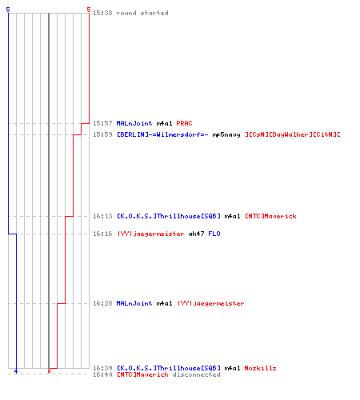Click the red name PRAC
coord(184,123)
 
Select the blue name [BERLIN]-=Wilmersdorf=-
coord(162,134)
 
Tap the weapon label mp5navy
coord(226,134)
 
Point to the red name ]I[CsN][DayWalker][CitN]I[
coord(293,134)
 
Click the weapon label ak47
coord(196,234)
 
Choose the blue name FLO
coord(214,234)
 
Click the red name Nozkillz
coord(260,368)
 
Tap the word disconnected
coord(196,374)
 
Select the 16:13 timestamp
coord(102,216)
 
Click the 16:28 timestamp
coord(102,303)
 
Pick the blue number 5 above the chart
coord(8,10)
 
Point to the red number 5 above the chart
coord(89,10)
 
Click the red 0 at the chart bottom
coord(49,371)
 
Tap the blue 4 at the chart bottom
coord(16,371)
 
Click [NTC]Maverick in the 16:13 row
coord(270,216)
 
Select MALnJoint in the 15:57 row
coord(134,123)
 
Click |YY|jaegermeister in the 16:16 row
coord(150,234)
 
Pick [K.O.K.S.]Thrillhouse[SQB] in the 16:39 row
coord(169,368)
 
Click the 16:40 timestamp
coord(102,374)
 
